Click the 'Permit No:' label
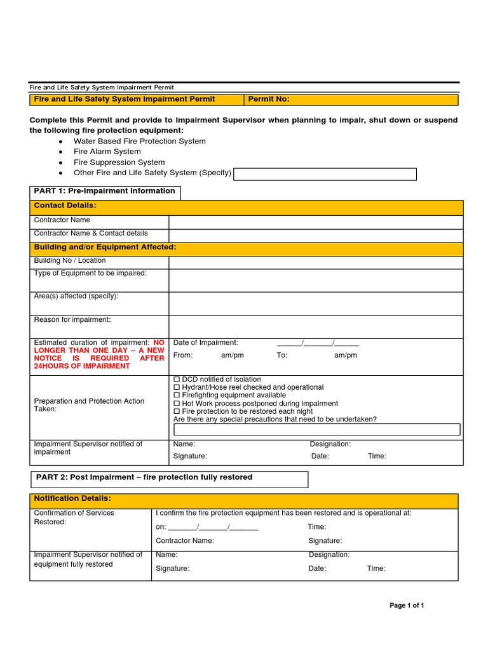268,99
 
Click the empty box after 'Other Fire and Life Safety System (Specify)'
325,174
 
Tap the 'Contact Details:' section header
65,206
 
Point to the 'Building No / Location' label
70,260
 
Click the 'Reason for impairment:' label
72,319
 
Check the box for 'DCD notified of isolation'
177,380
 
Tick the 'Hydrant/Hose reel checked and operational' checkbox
177,387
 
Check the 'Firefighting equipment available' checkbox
177,395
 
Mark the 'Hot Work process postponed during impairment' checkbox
177,404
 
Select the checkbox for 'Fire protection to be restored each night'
177,411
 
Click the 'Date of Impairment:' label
206,343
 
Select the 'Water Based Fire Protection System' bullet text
140,142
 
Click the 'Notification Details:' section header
72,498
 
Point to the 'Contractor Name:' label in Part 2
185,541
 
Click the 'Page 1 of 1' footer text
407,606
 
